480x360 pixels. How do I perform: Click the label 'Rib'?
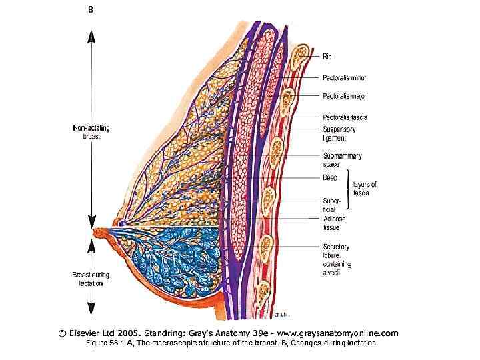pyautogui.click(x=328, y=57)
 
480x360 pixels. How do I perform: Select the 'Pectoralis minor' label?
pyautogui.click(x=344, y=77)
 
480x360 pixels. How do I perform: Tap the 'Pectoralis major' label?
pyautogui.click(x=344, y=96)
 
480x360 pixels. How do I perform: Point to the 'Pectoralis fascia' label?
pyautogui.click(x=345, y=117)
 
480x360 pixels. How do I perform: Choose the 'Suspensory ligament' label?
pyautogui.click(x=341, y=133)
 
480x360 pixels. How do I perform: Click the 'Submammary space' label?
pyautogui.click(x=342, y=160)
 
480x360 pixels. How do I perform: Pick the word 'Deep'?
pyautogui.click(x=329, y=178)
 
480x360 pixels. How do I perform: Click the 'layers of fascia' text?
pyautogui.click(x=365, y=189)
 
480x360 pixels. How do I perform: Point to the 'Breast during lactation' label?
pyautogui.click(x=91, y=277)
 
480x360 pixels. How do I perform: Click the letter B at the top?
pyautogui.click(x=91, y=10)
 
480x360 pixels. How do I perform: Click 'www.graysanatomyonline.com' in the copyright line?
pyautogui.click(x=336, y=332)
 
